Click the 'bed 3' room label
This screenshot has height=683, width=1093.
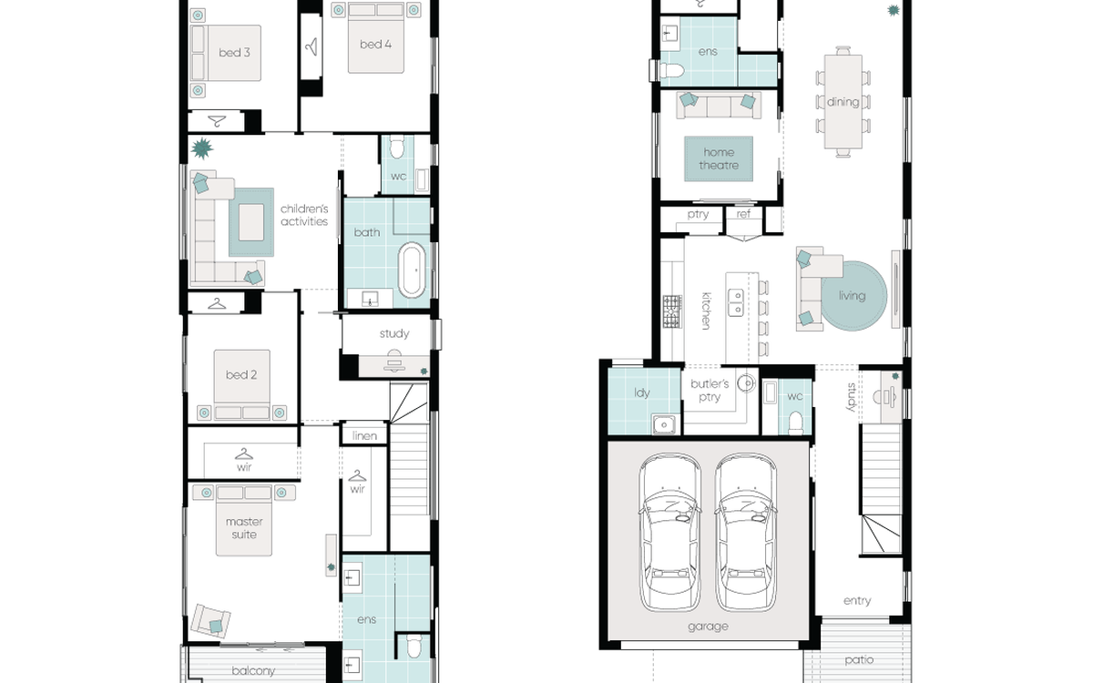[234, 52]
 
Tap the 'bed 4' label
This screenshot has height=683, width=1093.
[375, 45]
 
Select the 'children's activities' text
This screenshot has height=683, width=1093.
[304, 215]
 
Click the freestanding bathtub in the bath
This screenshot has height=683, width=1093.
[412, 270]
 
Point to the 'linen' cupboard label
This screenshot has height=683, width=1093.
[364, 435]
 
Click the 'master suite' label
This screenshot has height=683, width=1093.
[244, 528]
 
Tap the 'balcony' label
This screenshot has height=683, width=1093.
[253, 671]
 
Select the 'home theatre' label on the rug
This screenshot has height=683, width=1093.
[719, 158]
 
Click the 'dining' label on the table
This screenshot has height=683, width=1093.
[843, 102]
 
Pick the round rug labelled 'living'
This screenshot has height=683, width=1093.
[854, 296]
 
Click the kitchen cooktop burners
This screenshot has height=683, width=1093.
[672, 311]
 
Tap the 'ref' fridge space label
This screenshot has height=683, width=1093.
[743, 214]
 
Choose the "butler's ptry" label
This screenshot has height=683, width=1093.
[710, 391]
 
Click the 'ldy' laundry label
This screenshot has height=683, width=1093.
[642, 392]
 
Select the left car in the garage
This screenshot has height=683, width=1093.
[670, 533]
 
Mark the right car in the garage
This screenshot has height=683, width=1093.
[745, 533]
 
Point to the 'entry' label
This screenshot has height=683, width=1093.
[857, 600]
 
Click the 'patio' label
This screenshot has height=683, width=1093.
[859, 660]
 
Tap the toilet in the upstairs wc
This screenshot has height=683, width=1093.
[397, 148]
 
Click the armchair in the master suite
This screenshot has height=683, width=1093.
[210, 620]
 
